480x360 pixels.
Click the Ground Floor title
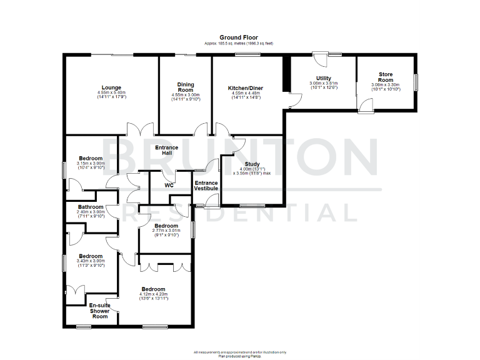pyautogui.click(x=238, y=37)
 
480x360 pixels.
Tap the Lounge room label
pyautogui.click(x=112, y=87)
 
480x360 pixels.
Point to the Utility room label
pyautogui.click(x=323, y=77)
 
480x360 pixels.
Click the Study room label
pyautogui.click(x=252, y=164)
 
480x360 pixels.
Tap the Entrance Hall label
pyautogui.click(x=167, y=151)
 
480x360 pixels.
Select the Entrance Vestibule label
pyautogui.click(x=206, y=185)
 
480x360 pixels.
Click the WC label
pyautogui.click(x=169, y=185)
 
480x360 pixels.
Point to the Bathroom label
pyautogui.click(x=91, y=207)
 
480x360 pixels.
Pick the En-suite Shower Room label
pyautogui.click(x=100, y=310)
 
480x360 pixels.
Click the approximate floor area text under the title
pyautogui.click(x=238, y=43)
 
